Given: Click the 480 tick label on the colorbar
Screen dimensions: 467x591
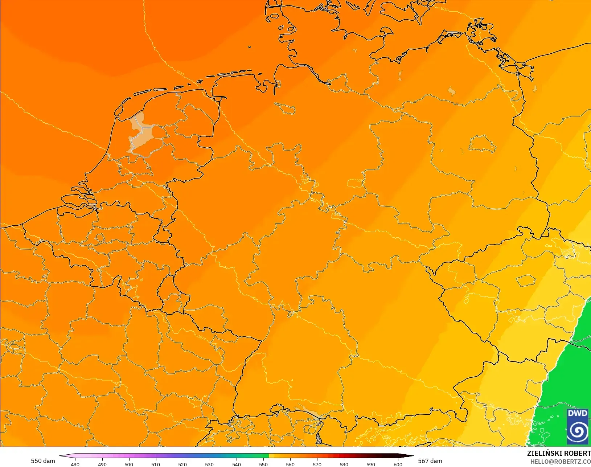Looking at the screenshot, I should [x=75, y=464].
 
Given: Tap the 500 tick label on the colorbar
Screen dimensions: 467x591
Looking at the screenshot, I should [x=129, y=464].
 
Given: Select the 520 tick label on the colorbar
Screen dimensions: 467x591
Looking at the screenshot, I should [x=182, y=464].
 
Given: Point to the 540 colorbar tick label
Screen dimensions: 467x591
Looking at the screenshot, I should [x=237, y=464].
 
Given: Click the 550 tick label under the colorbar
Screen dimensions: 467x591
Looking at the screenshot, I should [x=263, y=464].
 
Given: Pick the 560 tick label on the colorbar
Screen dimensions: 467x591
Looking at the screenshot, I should [x=290, y=464].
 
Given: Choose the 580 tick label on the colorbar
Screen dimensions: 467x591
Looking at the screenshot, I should [x=344, y=464].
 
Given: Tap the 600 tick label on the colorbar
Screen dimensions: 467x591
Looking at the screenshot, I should [x=398, y=464].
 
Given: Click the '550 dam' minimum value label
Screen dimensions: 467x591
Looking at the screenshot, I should [x=43, y=461].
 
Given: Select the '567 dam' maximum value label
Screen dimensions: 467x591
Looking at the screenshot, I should [x=430, y=461].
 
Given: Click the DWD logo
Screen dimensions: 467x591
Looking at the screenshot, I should [x=578, y=426].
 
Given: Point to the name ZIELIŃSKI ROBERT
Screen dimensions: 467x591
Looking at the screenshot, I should [x=559, y=453].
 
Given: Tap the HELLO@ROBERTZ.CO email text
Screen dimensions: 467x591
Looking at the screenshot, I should [x=561, y=462].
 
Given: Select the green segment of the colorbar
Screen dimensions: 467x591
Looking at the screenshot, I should [x=258, y=456].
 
